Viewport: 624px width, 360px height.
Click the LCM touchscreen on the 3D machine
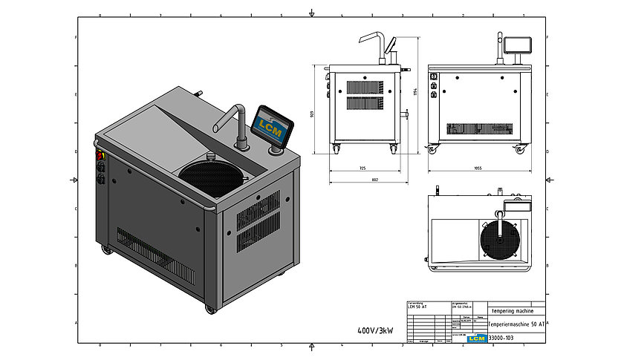click(x=272, y=124)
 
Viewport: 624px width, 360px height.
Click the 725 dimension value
click(x=362, y=168)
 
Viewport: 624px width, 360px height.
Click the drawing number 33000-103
click(x=501, y=338)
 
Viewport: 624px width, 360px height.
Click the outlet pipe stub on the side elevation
click(x=406, y=114)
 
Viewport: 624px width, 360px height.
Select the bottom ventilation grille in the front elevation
click(x=475, y=128)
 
